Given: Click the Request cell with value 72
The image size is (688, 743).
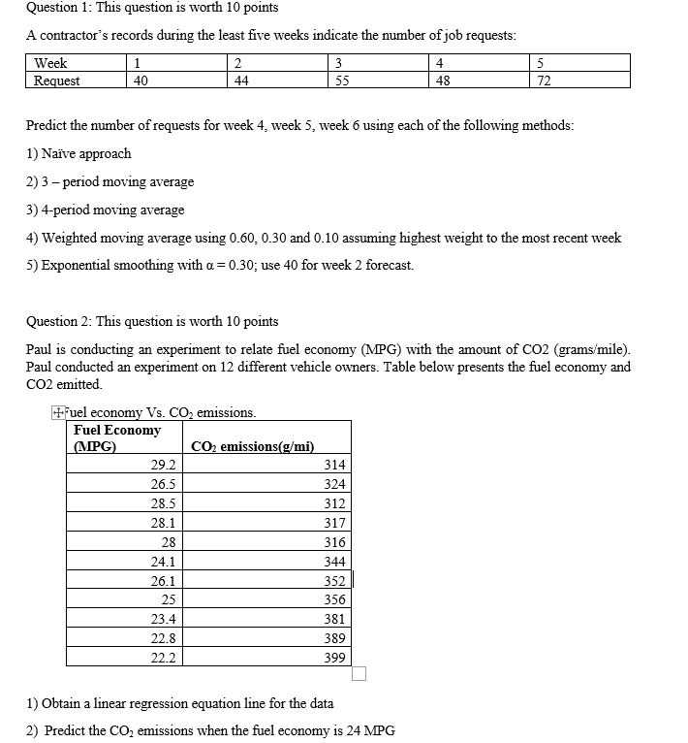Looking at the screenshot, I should coord(544,81).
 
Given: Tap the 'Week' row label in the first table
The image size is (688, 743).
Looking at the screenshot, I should coord(49,64).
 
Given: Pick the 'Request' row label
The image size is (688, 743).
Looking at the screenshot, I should coord(57,81).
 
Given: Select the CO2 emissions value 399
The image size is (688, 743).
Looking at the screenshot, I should coord(334,658).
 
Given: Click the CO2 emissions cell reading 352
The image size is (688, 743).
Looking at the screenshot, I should coord(334,581).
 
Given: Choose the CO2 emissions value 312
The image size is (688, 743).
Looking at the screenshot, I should coord(334,503).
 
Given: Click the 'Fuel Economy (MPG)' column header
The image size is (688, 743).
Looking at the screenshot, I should coord(117,438).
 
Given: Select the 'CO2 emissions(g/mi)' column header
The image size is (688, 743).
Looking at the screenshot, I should coord(253,447).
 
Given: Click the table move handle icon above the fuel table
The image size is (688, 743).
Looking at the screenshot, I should coord(58,413).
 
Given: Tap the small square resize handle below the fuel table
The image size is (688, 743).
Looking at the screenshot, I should coord(360,674).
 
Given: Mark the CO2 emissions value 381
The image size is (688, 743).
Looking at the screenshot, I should coord(334,619).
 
